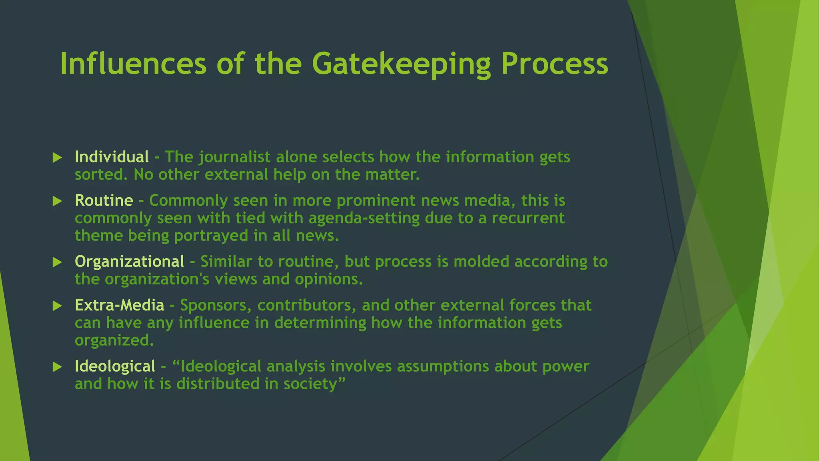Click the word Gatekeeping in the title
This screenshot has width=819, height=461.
(401, 64)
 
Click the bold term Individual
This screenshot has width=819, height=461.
(112, 157)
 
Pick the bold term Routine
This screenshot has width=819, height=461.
(104, 200)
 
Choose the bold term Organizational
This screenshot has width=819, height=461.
(129, 262)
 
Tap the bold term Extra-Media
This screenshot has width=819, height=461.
(119, 305)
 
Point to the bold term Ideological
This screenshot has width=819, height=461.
(115, 367)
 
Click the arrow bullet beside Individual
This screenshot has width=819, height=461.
(57, 158)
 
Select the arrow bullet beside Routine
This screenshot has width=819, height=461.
(57, 201)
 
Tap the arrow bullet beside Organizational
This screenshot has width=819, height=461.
(57, 263)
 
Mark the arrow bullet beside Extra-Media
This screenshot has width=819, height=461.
(57, 306)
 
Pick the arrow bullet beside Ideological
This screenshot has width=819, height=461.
(57, 367)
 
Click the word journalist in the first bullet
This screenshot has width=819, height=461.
(234, 157)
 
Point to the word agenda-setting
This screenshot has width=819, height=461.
(364, 218)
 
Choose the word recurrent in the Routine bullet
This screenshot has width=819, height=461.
(528, 218)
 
